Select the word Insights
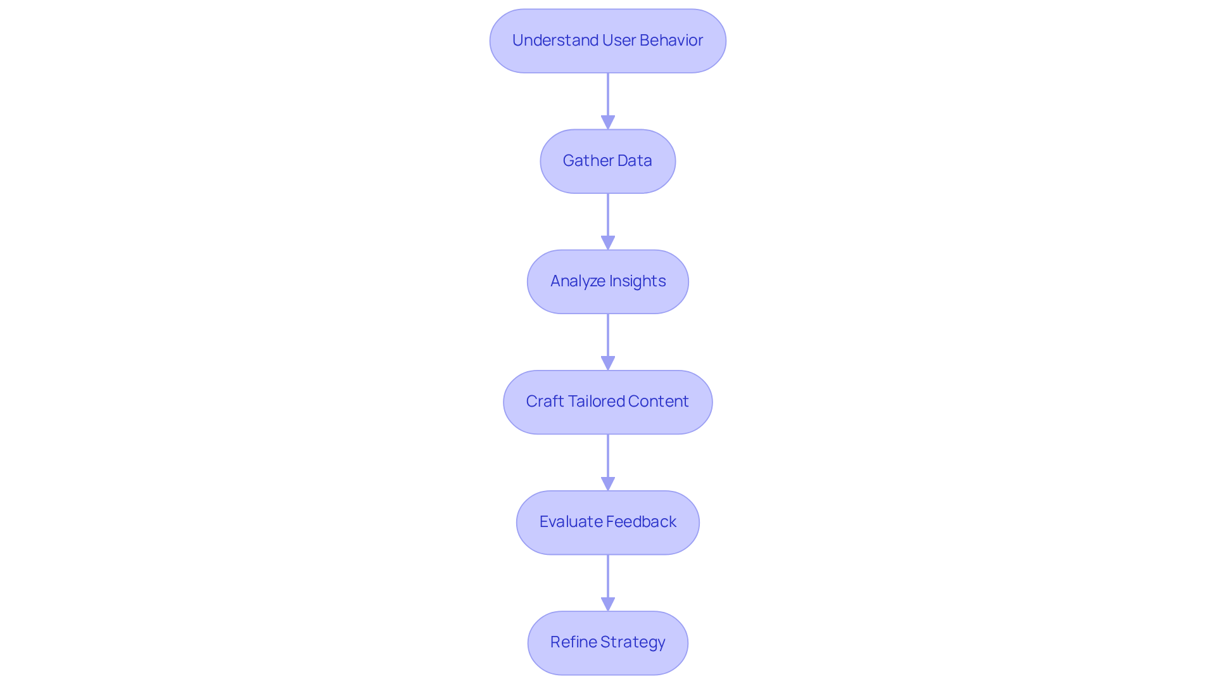coord(637,281)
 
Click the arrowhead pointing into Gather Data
coord(608,122)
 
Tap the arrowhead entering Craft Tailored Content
coord(608,363)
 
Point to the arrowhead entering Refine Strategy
coord(608,604)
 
